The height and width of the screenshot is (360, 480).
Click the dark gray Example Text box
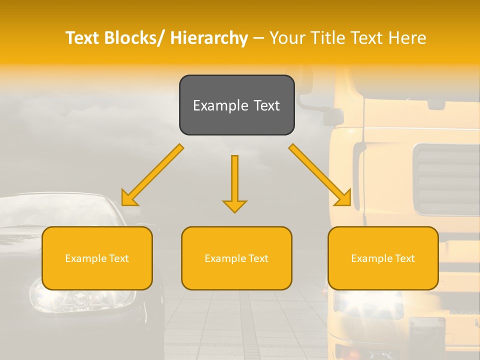click(x=236, y=105)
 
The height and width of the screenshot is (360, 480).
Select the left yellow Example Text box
click(x=97, y=258)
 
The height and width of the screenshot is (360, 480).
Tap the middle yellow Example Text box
click(x=236, y=258)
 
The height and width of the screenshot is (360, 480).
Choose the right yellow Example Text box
click(x=383, y=258)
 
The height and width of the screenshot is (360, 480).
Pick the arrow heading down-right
click(x=320, y=175)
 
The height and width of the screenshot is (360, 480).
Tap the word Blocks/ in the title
click(x=134, y=38)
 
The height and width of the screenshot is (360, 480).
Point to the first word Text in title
click(x=83, y=38)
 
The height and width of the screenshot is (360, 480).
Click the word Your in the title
click(x=288, y=38)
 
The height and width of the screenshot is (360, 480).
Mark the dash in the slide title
click(x=258, y=38)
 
